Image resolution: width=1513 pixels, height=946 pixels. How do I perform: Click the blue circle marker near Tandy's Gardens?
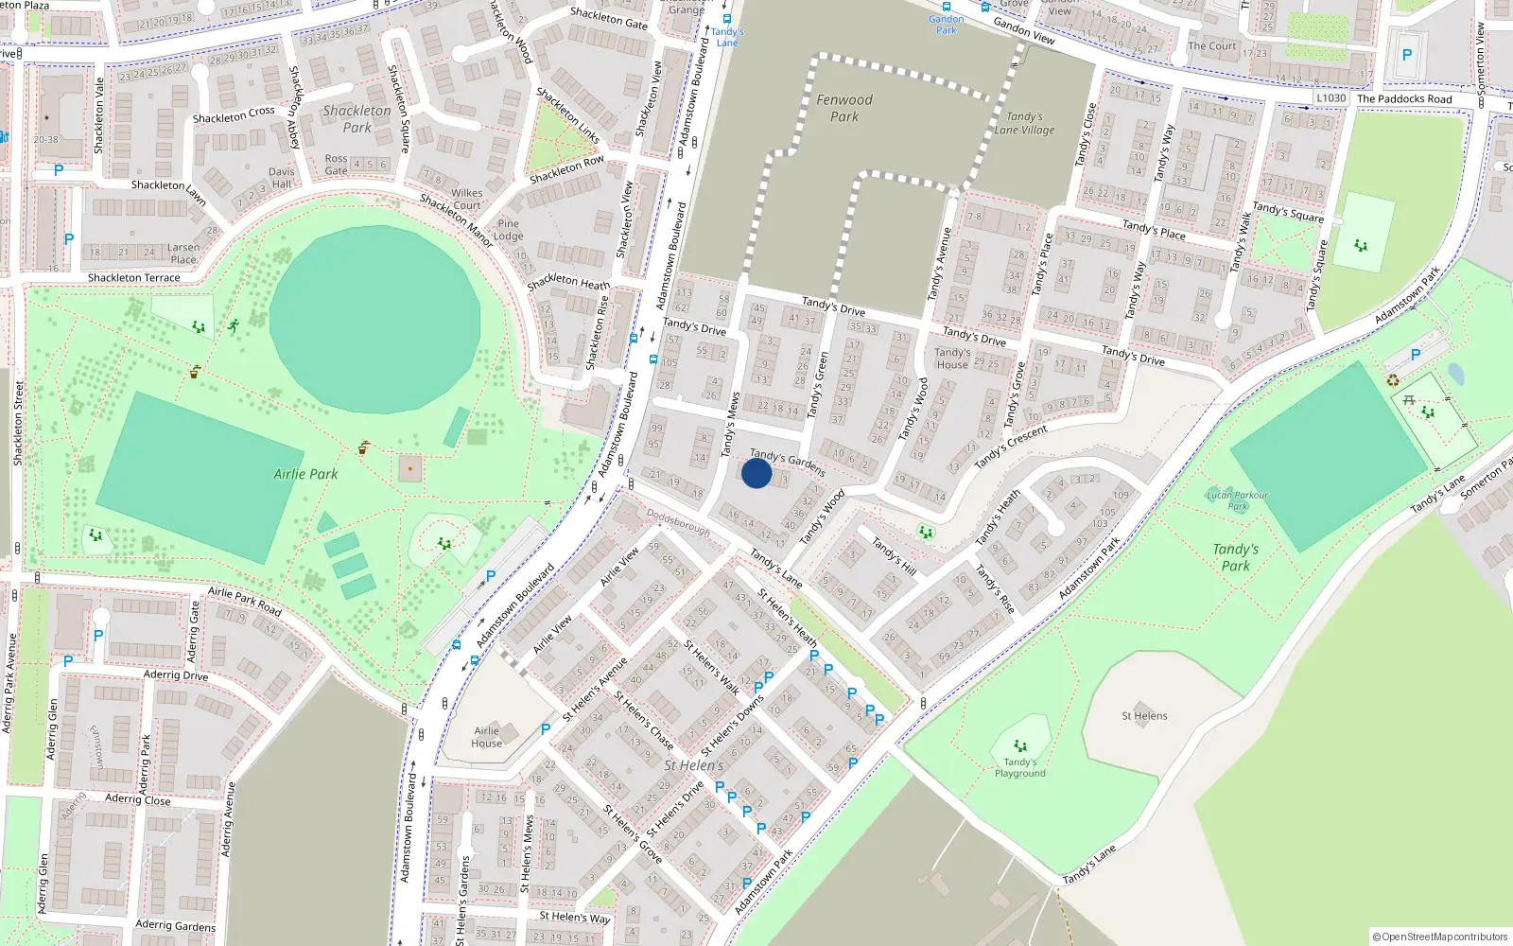756,473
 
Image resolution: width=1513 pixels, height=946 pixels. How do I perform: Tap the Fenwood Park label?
844,108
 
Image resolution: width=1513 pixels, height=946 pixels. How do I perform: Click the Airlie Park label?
305,474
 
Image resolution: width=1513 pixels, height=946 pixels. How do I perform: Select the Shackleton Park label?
357,118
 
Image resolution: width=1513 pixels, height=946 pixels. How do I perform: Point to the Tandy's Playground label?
1019,767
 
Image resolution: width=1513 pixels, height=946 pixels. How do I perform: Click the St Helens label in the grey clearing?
1144,716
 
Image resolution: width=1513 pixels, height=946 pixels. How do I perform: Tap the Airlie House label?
487,737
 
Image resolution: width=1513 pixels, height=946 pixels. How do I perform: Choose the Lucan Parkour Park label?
1237,500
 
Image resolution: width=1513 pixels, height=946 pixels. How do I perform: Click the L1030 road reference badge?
1330,98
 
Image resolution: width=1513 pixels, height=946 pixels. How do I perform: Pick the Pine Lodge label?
508,230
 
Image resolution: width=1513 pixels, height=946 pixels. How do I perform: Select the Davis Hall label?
282,178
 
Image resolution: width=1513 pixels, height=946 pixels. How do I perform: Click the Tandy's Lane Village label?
1024,124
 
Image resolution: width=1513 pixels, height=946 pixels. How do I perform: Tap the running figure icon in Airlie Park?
233,325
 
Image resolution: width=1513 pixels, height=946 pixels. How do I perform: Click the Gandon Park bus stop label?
946,25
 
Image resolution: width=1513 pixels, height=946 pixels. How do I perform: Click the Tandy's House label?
952,359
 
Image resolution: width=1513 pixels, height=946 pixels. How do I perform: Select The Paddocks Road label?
1404,99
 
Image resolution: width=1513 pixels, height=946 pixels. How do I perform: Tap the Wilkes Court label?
466,199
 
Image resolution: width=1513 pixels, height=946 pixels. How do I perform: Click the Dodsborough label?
678,522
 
